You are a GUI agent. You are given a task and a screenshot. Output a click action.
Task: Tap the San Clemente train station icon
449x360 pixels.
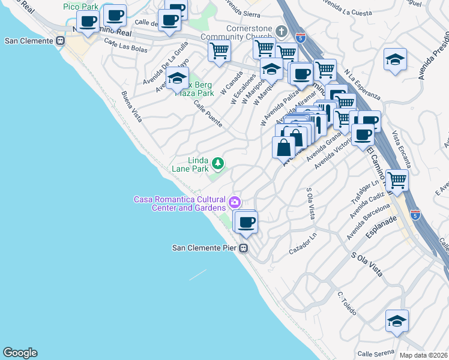(60, 41)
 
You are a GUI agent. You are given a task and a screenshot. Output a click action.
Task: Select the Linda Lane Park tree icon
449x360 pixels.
(218, 163)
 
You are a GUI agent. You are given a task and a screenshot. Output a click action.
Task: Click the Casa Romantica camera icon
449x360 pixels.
(235, 201)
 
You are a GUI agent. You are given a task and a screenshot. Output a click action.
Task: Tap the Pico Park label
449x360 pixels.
(81, 7)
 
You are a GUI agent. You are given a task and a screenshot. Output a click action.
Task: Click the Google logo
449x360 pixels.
(20, 353)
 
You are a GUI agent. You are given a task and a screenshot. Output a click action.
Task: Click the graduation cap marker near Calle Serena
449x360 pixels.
(396, 322)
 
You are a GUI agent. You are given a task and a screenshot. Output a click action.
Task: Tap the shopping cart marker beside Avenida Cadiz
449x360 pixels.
(397, 179)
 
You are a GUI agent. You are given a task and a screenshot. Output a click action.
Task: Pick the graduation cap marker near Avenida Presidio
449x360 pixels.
(395, 59)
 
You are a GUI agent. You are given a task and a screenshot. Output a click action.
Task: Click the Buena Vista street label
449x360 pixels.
(131, 107)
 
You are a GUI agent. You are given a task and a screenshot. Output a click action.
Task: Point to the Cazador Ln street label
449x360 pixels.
(302, 243)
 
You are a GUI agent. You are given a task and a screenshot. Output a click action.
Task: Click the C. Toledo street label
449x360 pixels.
(347, 304)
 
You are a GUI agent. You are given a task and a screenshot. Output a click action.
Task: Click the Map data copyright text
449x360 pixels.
(424, 355)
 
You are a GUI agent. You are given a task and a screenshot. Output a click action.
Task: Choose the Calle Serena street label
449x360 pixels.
(376, 353)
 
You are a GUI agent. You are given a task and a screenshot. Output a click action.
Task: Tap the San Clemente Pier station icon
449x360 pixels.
(244, 248)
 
